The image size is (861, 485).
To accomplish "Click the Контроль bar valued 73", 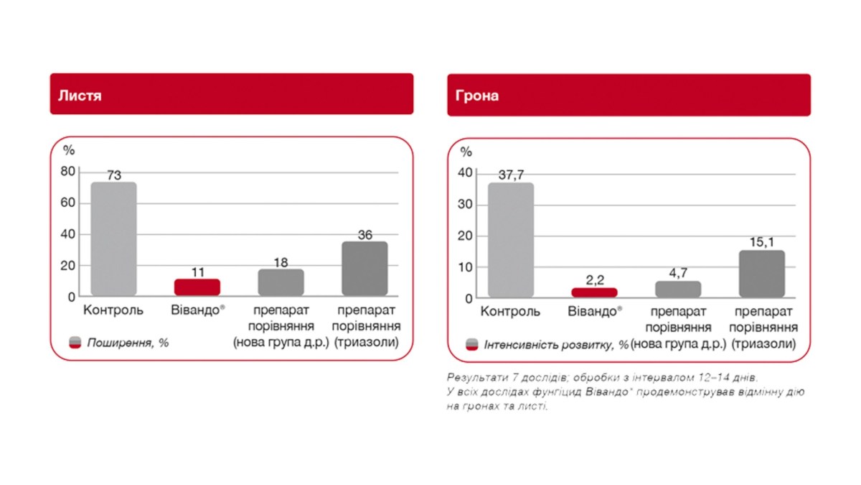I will coord(113,239).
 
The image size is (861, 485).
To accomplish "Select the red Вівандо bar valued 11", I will coord(197,287).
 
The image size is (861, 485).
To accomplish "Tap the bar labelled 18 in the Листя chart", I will coord(281,282).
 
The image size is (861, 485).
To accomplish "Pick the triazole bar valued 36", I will coord(364,269).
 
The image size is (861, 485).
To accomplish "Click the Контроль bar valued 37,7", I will coord(511,240).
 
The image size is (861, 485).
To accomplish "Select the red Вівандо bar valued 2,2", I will coord(594,292).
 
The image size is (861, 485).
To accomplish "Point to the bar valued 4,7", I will coord(678,289).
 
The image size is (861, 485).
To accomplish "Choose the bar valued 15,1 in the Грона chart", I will coord(761,274).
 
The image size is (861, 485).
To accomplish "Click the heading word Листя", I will coord(80,95).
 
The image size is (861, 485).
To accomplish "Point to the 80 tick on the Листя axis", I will coord(68,172).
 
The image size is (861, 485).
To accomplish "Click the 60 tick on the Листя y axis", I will coord(68,203).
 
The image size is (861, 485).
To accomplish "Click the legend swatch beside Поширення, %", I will coord(75,343).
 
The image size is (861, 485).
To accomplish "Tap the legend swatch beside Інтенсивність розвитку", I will coord(472,344).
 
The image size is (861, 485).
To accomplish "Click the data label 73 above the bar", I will coord(113,175).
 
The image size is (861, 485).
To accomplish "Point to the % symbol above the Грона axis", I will coord(466,152).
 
